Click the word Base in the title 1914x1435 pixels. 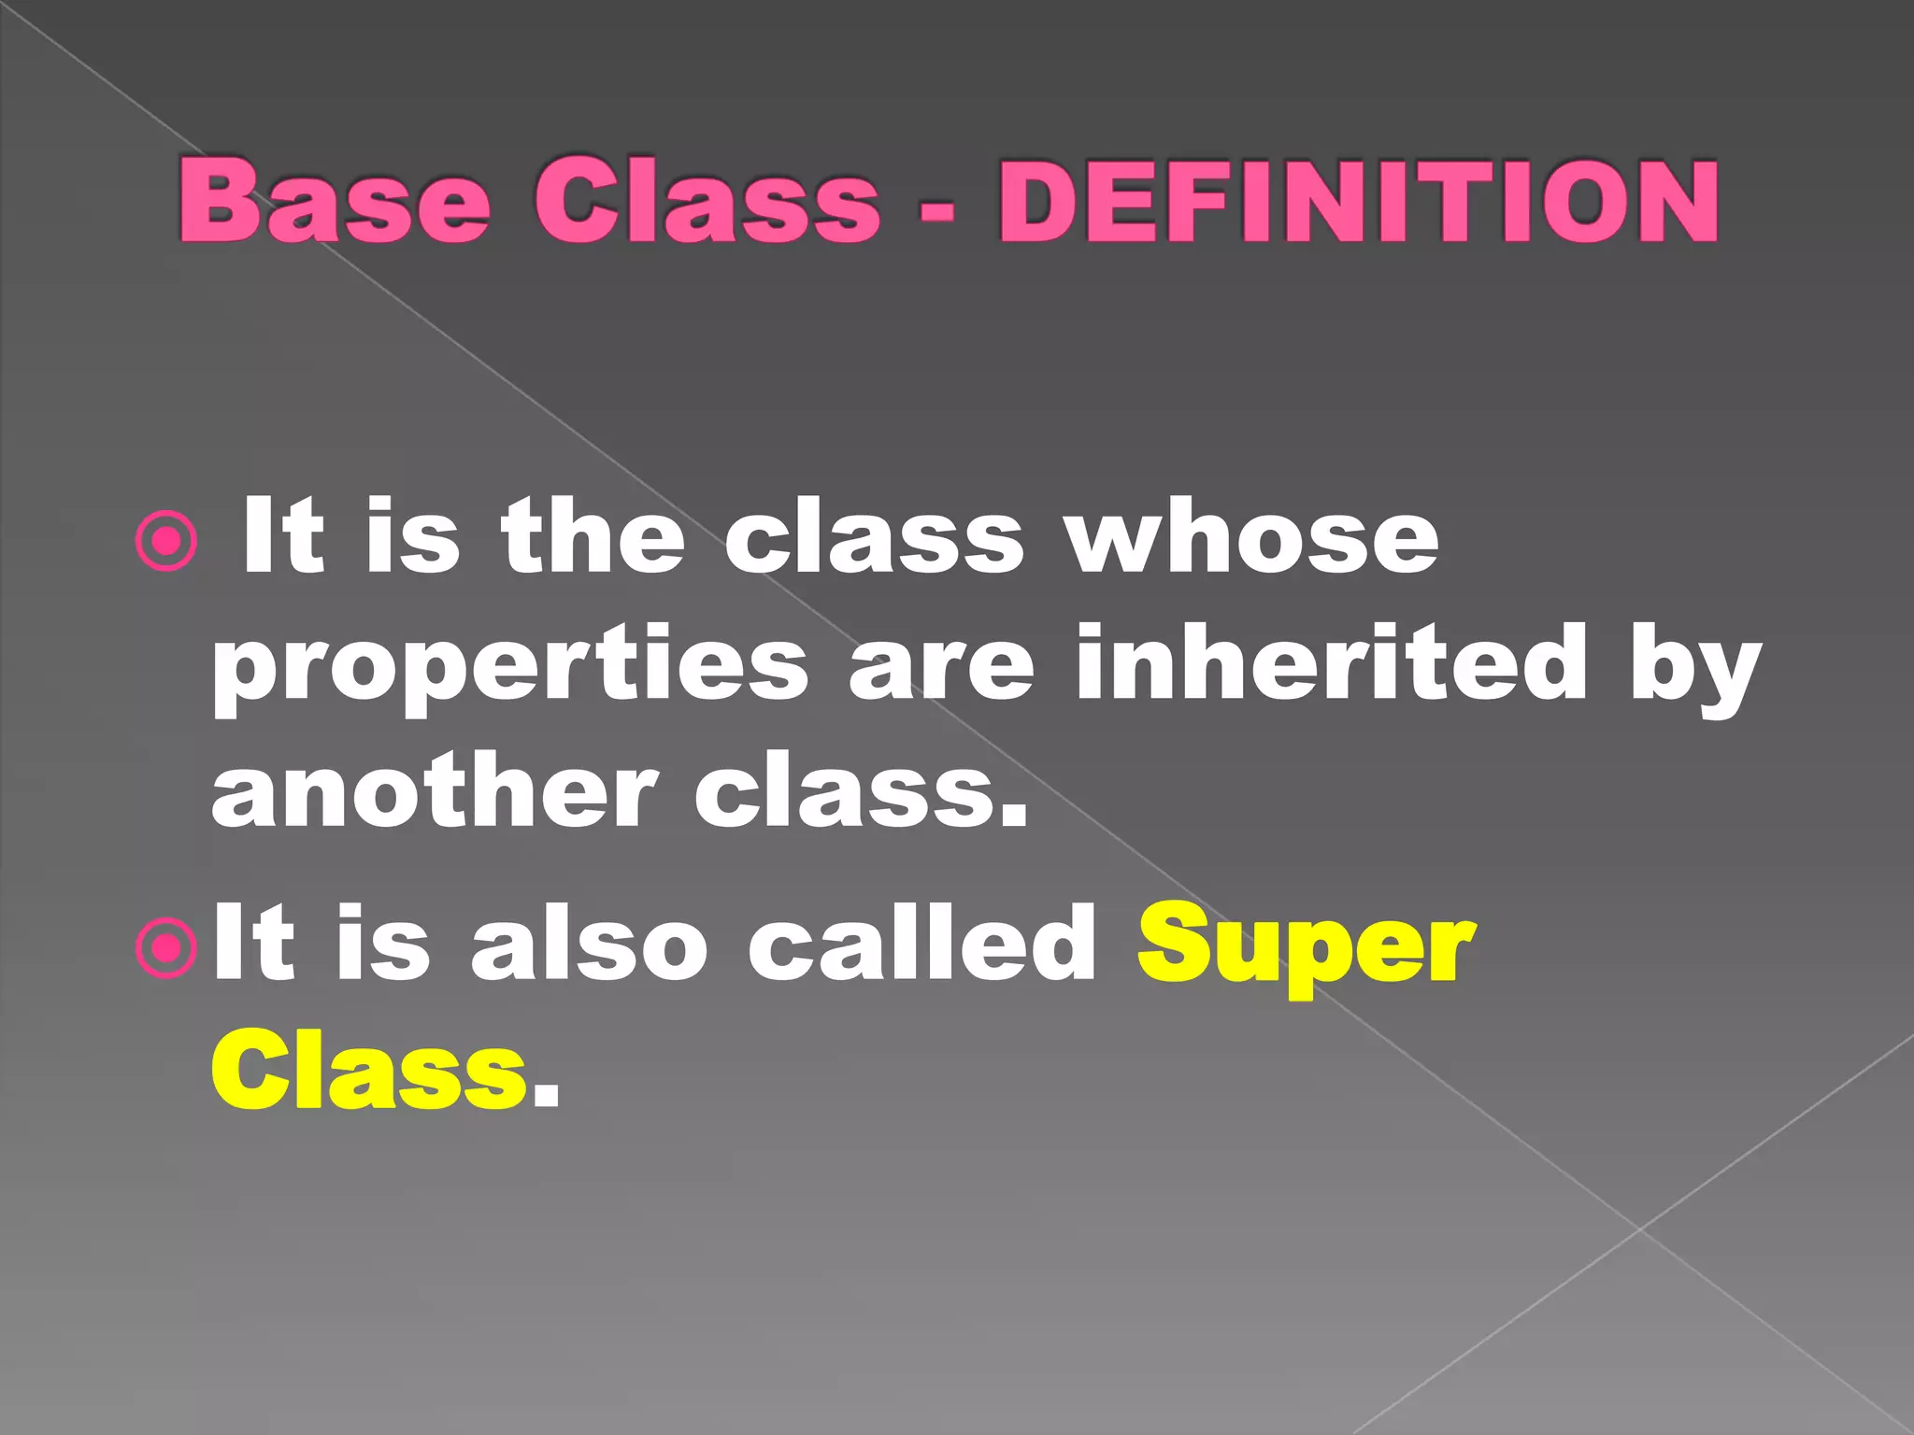334,201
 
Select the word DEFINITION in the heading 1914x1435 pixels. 1358,201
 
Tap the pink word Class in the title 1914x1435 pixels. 707,201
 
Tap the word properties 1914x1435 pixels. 510,668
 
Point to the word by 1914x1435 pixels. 1694,668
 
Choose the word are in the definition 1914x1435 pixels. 941,668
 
